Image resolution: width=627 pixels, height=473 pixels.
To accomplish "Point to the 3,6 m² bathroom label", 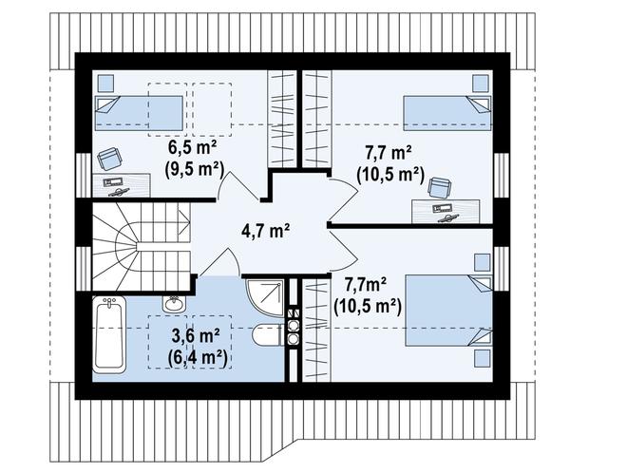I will click(x=198, y=336).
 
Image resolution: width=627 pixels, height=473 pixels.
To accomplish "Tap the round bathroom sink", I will click(x=173, y=304).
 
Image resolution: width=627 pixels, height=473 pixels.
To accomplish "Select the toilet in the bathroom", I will click(x=266, y=335).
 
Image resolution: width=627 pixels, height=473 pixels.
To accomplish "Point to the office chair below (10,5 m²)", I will click(x=439, y=188).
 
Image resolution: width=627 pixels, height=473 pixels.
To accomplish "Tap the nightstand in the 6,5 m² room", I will click(x=106, y=82).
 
